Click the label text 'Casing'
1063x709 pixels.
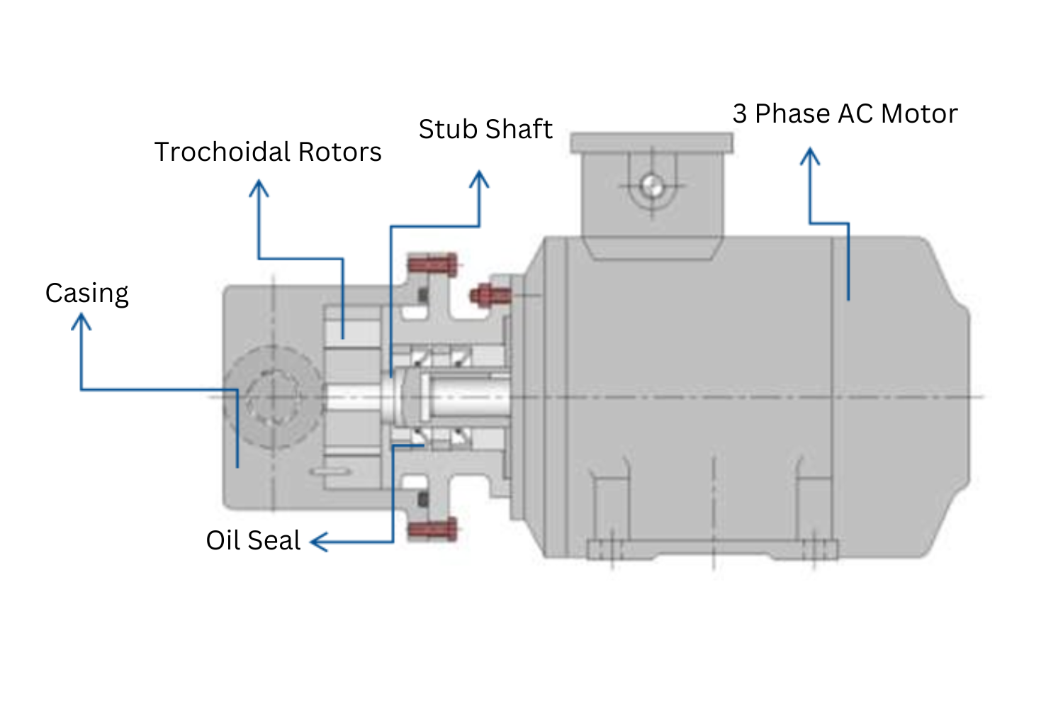(86, 294)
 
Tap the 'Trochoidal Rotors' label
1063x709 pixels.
(268, 152)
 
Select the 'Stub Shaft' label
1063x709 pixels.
(485, 129)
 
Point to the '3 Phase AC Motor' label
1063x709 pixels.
(845, 114)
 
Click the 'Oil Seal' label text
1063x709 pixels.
(253, 540)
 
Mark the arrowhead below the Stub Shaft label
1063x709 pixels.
(480, 178)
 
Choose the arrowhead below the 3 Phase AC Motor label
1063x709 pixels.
(810, 155)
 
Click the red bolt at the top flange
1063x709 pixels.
(432, 266)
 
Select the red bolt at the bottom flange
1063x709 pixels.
(432, 529)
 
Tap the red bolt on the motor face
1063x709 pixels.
(490, 294)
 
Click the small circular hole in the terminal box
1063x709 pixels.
(652, 186)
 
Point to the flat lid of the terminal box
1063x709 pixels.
(651, 143)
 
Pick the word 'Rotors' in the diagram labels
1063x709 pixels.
(339, 152)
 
